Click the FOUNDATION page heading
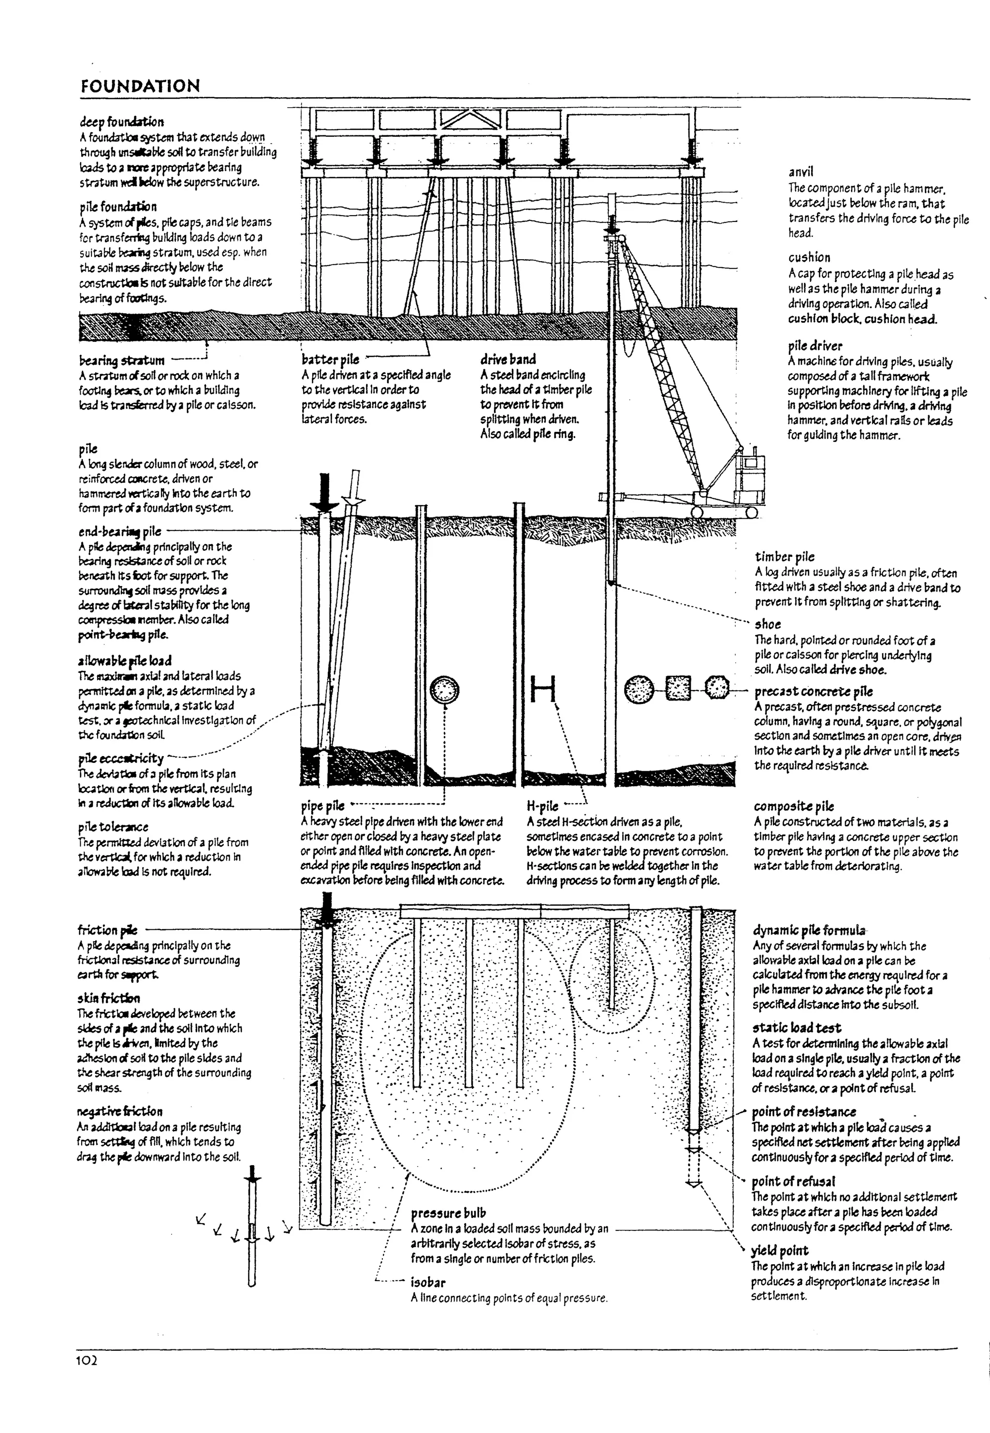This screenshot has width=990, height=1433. pyautogui.click(x=140, y=86)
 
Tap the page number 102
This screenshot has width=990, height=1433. pyautogui.click(x=87, y=1361)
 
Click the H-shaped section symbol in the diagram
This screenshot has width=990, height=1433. pyautogui.click(x=543, y=689)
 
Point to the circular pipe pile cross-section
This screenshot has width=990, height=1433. pyautogui.click(x=444, y=689)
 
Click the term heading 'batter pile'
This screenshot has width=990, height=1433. pyautogui.click(x=330, y=359)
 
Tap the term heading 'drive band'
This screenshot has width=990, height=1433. pyautogui.click(x=508, y=359)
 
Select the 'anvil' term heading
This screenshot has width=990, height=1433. pyautogui.click(x=801, y=172)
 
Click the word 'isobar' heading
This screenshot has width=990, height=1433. pyautogui.click(x=428, y=1282)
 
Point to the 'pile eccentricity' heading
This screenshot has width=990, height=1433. pyautogui.click(x=121, y=758)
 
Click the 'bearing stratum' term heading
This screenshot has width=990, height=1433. pyautogui.click(x=122, y=360)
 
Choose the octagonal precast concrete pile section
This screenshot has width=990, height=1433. pyautogui.click(x=718, y=688)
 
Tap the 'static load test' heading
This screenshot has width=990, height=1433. pyautogui.click(x=797, y=1028)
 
